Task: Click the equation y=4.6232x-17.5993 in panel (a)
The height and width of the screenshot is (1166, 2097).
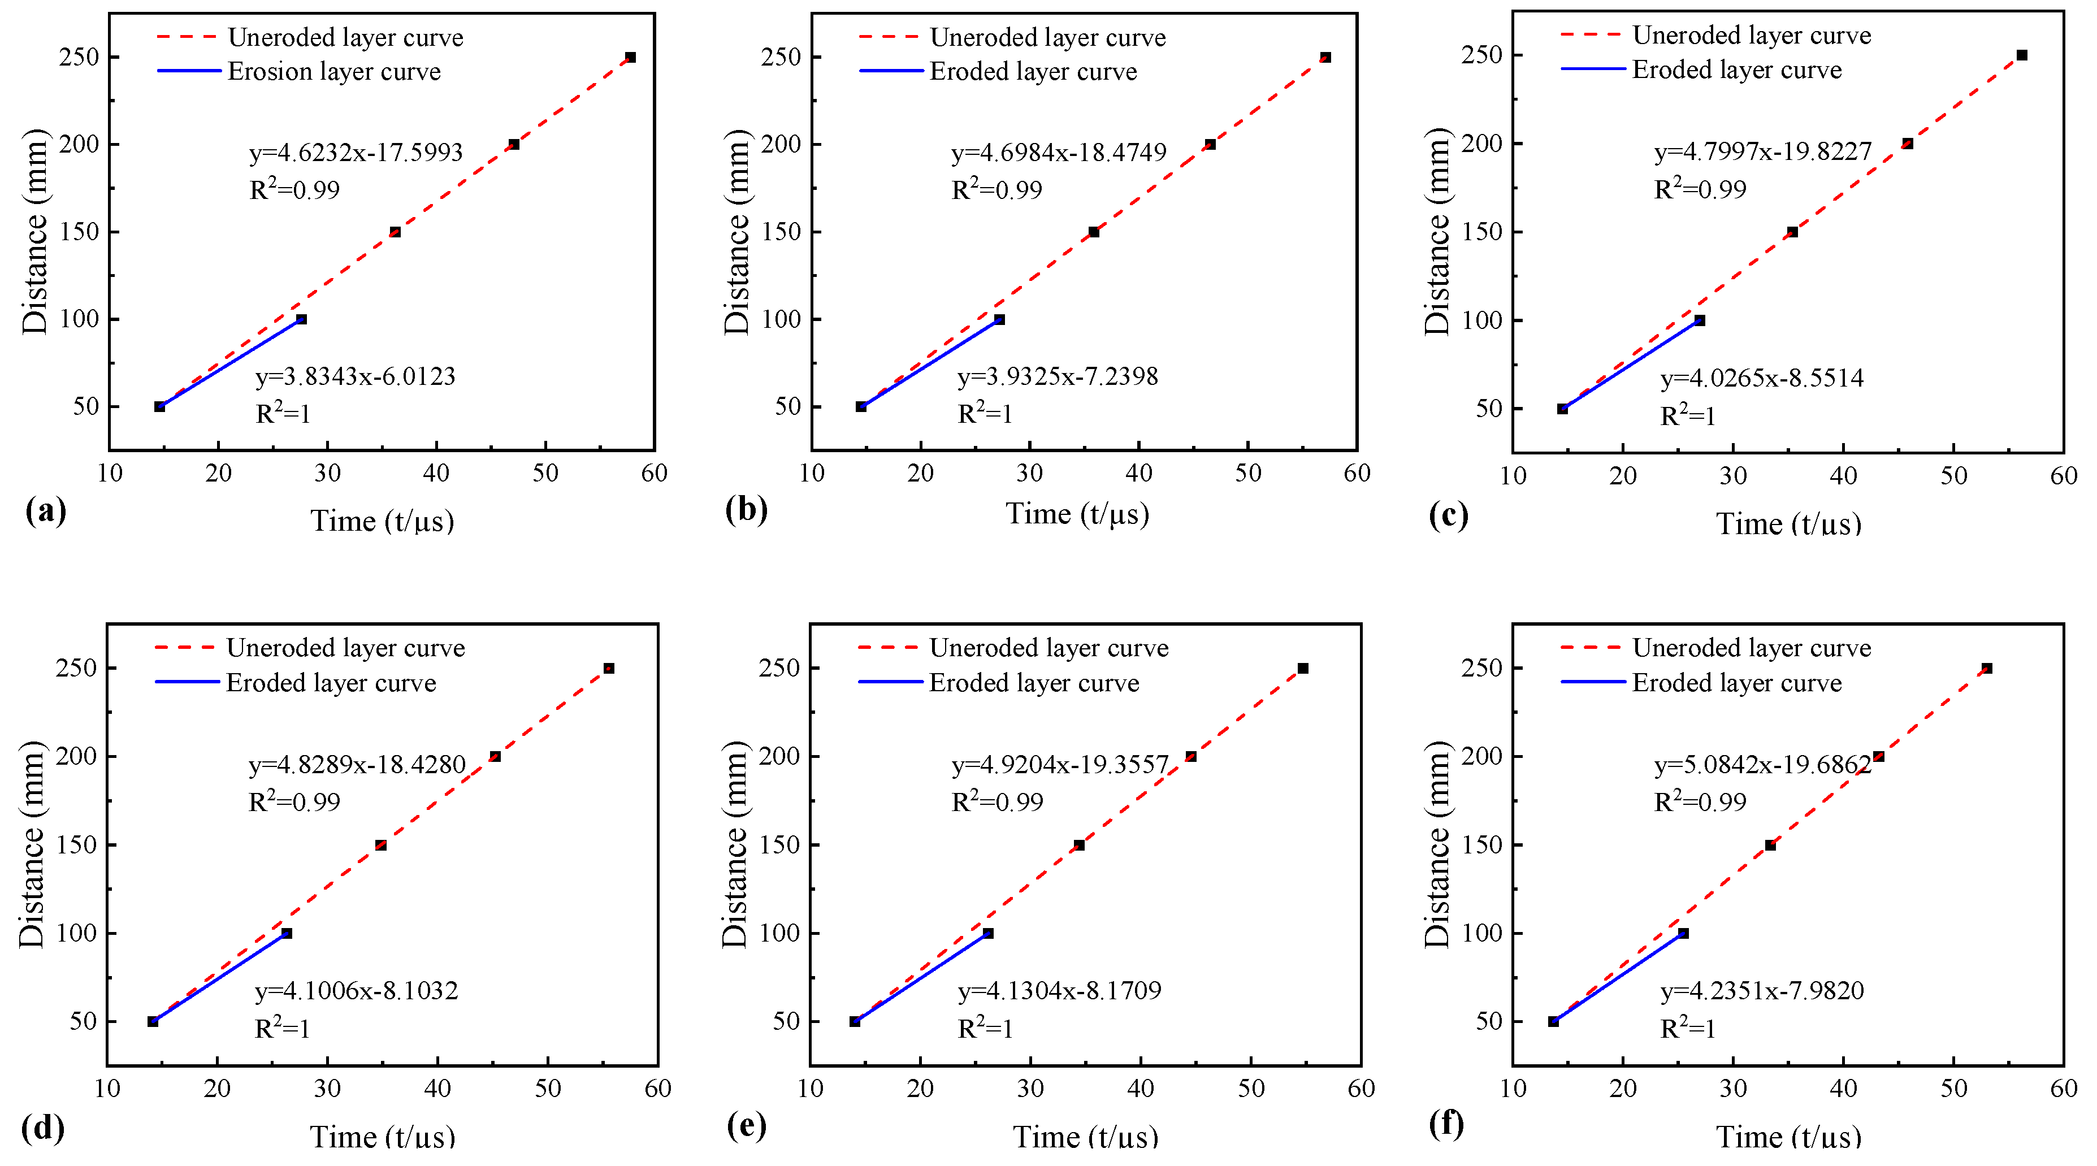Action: point(356,152)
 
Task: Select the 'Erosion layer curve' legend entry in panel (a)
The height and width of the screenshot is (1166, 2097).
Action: point(333,72)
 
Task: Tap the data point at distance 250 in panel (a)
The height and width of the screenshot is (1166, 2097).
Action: point(630,58)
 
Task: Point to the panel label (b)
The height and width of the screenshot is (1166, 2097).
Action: point(746,510)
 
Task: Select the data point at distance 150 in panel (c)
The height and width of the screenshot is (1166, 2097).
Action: point(1792,232)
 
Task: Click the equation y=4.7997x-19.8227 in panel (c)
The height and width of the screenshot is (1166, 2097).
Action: point(1762,152)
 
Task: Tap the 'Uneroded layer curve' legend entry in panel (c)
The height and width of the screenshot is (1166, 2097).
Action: point(1751,36)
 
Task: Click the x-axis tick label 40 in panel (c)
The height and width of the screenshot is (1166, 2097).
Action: point(1843,476)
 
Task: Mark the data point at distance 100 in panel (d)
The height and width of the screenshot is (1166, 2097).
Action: point(287,933)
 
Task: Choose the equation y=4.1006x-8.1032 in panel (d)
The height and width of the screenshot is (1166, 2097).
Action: point(357,991)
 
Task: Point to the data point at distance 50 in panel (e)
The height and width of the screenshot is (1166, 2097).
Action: point(855,1021)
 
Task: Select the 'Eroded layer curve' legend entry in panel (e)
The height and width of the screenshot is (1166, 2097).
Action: point(1034,682)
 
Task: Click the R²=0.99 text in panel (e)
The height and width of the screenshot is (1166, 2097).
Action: point(997,802)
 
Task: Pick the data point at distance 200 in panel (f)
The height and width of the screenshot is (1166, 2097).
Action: point(1879,756)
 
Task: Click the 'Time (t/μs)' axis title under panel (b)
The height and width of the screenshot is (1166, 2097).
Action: point(1077,514)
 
